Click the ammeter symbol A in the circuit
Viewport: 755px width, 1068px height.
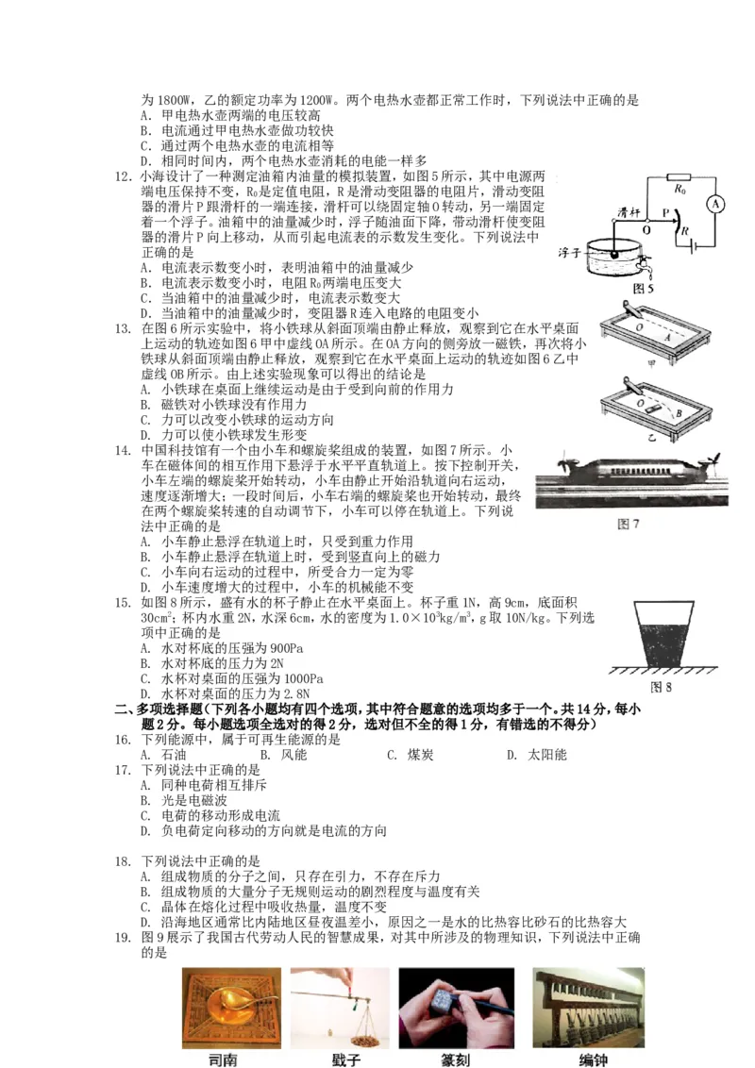[x=715, y=203]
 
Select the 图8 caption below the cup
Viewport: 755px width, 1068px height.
[x=662, y=687]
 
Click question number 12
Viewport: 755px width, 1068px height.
[x=122, y=176]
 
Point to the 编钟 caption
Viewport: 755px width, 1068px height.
[x=592, y=1060]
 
